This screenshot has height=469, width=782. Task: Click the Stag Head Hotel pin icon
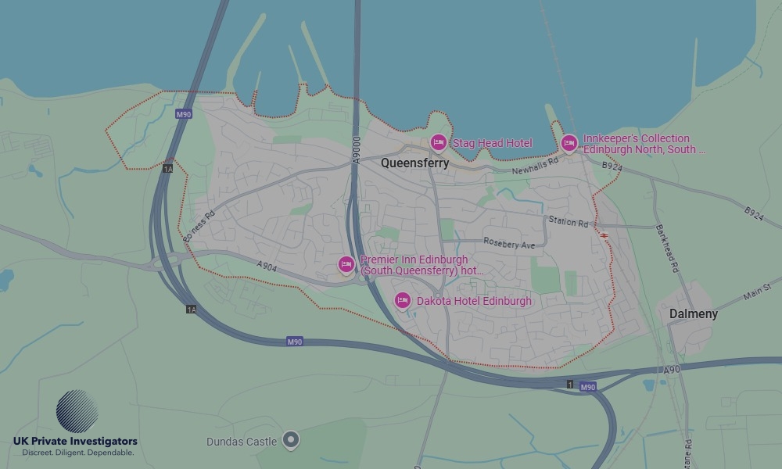[x=438, y=142]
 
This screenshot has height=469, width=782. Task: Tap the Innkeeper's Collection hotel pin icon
[x=569, y=143]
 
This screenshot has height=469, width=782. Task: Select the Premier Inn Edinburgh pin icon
[x=346, y=264]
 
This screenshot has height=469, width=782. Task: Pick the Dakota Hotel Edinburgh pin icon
[x=402, y=300]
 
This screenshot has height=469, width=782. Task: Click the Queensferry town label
[x=414, y=163]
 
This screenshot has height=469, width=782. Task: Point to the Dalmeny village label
[x=693, y=313]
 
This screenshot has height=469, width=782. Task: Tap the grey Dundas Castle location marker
[x=291, y=440]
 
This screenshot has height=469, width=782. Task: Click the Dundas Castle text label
[x=241, y=442]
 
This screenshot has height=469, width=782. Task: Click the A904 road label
[x=267, y=267]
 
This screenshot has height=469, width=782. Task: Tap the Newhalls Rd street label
[x=536, y=166]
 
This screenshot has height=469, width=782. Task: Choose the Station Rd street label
[x=568, y=223]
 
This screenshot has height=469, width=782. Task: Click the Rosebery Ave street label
[x=509, y=244]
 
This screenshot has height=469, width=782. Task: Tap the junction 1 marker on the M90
[x=570, y=384]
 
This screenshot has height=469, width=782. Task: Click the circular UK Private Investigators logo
[x=77, y=410]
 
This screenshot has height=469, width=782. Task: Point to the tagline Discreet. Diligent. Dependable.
[x=77, y=453]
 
